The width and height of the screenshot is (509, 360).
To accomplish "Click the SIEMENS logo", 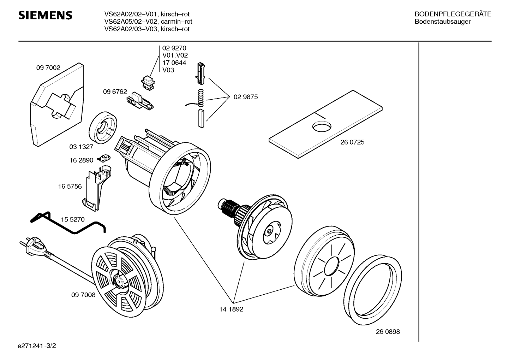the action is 45,16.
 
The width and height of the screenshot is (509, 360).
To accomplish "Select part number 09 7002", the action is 48,67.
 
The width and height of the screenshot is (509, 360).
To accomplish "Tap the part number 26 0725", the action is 352,142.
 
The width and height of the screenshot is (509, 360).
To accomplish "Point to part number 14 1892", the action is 231,309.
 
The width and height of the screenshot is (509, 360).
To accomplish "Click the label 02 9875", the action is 246,97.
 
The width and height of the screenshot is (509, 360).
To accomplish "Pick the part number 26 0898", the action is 388,332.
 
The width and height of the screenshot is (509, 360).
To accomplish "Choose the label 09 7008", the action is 83,295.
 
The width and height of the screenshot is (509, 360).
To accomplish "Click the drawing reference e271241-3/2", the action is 37,346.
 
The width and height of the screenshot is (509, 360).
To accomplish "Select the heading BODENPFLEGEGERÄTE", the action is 453,14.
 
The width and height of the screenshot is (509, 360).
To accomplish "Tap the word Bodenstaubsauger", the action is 442,22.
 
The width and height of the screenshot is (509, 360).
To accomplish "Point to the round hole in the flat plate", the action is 322,126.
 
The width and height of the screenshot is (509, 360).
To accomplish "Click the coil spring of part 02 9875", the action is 201,98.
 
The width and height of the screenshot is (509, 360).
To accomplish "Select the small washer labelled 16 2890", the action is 104,158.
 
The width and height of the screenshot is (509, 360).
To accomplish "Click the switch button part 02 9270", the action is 148,83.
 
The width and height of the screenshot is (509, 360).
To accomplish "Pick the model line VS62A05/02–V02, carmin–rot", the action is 148,22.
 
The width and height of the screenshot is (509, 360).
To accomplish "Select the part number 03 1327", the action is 81,147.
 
